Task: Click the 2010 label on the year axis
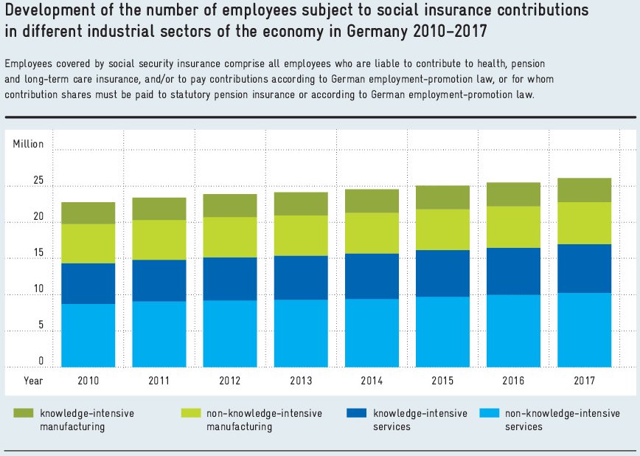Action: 88,381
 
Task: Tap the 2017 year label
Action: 584,381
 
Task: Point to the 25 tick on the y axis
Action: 38,182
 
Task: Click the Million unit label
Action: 28,144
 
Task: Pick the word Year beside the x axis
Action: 32,381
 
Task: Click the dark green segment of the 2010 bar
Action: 88,213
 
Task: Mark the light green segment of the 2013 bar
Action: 300,235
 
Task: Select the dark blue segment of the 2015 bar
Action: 442,273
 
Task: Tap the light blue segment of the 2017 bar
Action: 584,330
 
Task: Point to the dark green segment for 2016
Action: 512,194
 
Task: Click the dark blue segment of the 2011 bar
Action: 159,280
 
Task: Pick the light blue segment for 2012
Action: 229,334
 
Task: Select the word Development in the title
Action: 46,11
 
